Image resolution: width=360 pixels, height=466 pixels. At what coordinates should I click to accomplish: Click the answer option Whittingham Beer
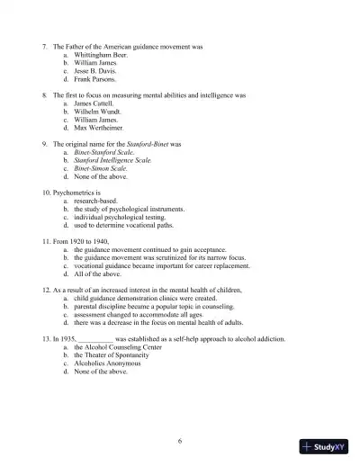tap(102, 54)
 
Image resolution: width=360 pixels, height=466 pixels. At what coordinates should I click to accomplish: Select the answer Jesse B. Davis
tap(95, 71)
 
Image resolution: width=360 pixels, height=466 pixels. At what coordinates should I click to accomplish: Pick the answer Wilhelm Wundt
tap(98, 112)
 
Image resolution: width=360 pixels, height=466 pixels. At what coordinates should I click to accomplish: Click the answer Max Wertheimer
tap(99, 128)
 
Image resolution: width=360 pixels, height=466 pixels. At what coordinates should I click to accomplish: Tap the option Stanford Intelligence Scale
tap(113, 160)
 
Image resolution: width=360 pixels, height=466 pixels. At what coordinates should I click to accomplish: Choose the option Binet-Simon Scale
tap(103, 168)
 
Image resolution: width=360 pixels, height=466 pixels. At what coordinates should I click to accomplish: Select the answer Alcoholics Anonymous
tap(109, 363)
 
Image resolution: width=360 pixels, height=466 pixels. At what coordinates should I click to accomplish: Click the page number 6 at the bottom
tap(180, 440)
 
